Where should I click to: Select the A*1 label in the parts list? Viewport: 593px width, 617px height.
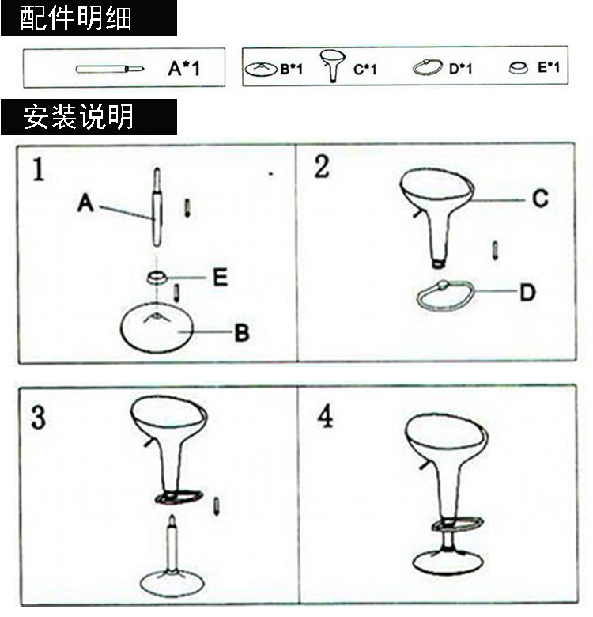pos(184,69)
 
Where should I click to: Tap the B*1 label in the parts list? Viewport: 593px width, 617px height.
pos(291,70)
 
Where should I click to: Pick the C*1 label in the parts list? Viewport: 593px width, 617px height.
pos(364,70)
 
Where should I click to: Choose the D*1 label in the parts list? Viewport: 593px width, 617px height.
pos(460,69)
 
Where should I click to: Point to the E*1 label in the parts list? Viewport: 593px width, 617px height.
pos(548,68)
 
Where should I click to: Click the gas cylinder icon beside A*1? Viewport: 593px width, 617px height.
pos(110,69)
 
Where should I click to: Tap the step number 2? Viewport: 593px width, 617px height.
pos(321,167)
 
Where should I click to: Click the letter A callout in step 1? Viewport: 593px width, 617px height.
pos(85,204)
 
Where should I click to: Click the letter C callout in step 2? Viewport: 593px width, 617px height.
pos(539,199)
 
